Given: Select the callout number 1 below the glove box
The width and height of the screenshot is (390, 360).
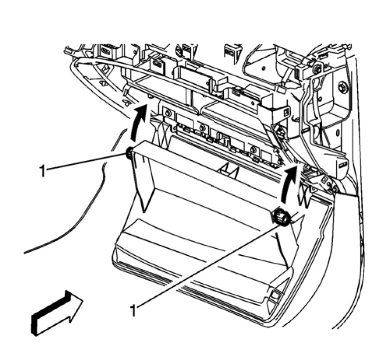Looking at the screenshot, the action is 134,310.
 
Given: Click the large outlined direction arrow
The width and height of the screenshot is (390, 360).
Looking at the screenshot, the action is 56,311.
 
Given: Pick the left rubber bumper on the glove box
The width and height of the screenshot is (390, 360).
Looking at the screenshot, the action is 128,155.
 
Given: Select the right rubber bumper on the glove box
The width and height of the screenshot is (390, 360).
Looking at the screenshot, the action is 281,217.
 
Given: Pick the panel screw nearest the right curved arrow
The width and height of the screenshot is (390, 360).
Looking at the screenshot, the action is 253,149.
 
